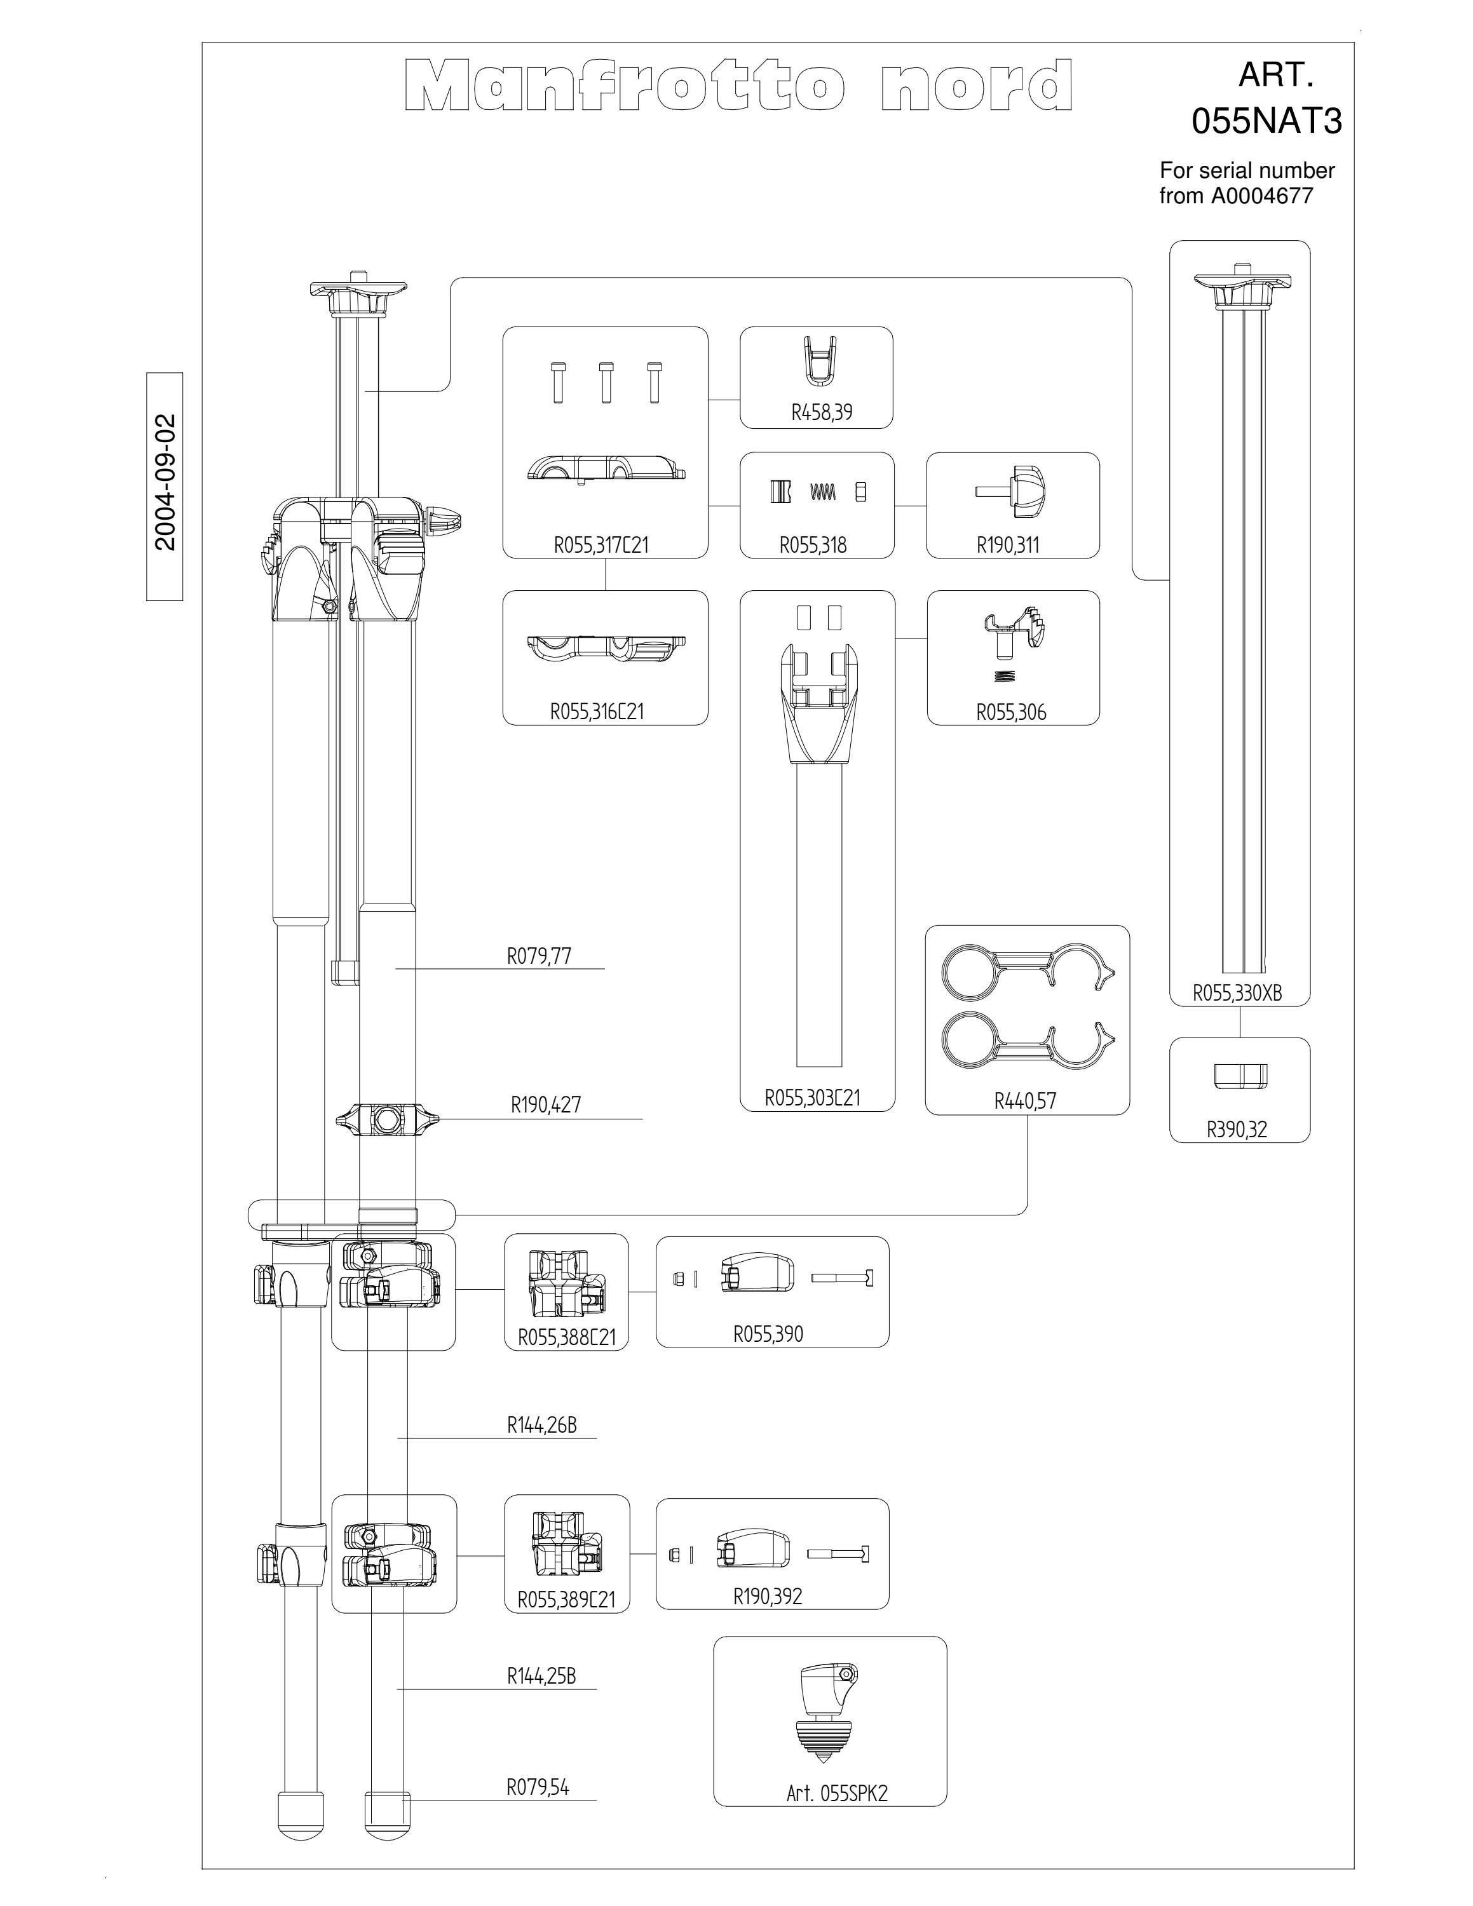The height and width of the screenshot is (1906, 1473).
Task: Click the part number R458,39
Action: (x=821, y=412)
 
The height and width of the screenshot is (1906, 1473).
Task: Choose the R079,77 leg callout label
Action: (x=540, y=956)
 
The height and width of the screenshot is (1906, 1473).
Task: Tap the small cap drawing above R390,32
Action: (x=1240, y=1076)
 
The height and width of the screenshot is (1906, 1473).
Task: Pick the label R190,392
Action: (x=767, y=1596)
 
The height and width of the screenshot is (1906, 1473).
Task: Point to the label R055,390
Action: (x=768, y=1334)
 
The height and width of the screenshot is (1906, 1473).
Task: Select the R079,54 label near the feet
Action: (x=538, y=1787)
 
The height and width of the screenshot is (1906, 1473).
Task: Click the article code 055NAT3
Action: (x=1266, y=122)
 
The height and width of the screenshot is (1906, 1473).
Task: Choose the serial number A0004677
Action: (x=1261, y=196)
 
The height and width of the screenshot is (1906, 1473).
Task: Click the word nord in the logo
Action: (x=977, y=86)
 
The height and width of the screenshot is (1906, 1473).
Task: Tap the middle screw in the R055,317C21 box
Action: (x=606, y=382)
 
